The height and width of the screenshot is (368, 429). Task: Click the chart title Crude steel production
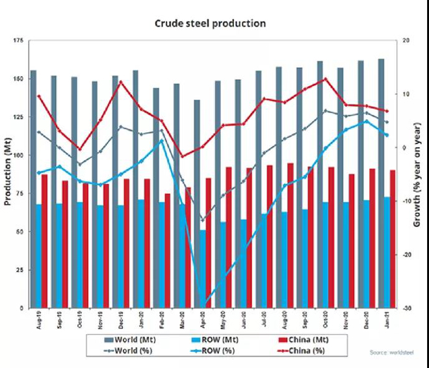[210, 23]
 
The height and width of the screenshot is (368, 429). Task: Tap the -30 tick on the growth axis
[404, 308]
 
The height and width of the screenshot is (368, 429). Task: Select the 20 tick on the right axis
[404, 41]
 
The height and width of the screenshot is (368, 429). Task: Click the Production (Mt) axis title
[8, 174]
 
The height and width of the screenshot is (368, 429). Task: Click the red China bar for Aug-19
[45, 241]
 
